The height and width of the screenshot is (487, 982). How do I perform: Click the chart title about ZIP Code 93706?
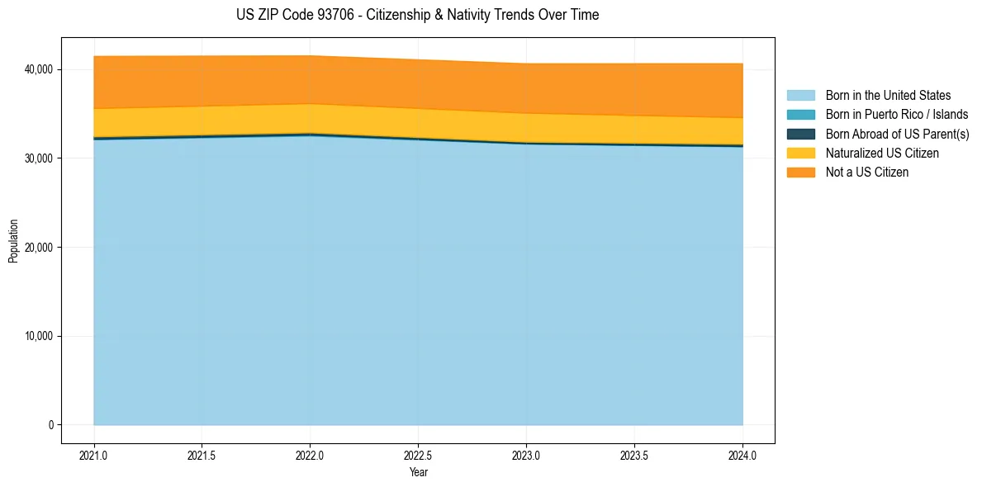click(x=417, y=15)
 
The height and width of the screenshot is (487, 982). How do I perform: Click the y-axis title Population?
click(x=13, y=240)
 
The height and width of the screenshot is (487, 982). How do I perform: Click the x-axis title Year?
click(x=418, y=472)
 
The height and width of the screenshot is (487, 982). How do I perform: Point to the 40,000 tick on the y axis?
click(x=40, y=69)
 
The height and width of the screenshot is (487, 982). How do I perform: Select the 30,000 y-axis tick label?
click(x=40, y=158)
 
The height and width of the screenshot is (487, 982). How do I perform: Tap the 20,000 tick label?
click(x=40, y=247)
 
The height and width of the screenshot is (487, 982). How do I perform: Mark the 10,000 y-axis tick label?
click(x=40, y=336)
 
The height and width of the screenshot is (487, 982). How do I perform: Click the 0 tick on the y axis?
click(x=50, y=425)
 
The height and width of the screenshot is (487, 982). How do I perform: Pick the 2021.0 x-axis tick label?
click(x=94, y=455)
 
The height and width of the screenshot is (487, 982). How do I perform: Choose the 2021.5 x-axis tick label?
click(x=202, y=455)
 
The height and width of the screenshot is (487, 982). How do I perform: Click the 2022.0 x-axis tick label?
click(x=311, y=455)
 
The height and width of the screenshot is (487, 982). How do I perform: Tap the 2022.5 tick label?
click(x=419, y=455)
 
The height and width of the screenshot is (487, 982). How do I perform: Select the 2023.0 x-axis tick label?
click(x=526, y=455)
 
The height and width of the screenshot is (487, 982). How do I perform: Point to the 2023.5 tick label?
click(x=634, y=455)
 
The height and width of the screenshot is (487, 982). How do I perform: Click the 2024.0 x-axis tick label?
click(x=742, y=455)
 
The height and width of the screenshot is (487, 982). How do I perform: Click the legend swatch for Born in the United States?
click(x=800, y=96)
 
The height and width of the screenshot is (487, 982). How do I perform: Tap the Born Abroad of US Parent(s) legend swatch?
click(x=800, y=134)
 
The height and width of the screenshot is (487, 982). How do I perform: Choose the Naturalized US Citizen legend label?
click(x=882, y=153)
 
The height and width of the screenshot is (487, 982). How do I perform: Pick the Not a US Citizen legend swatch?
click(x=800, y=172)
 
